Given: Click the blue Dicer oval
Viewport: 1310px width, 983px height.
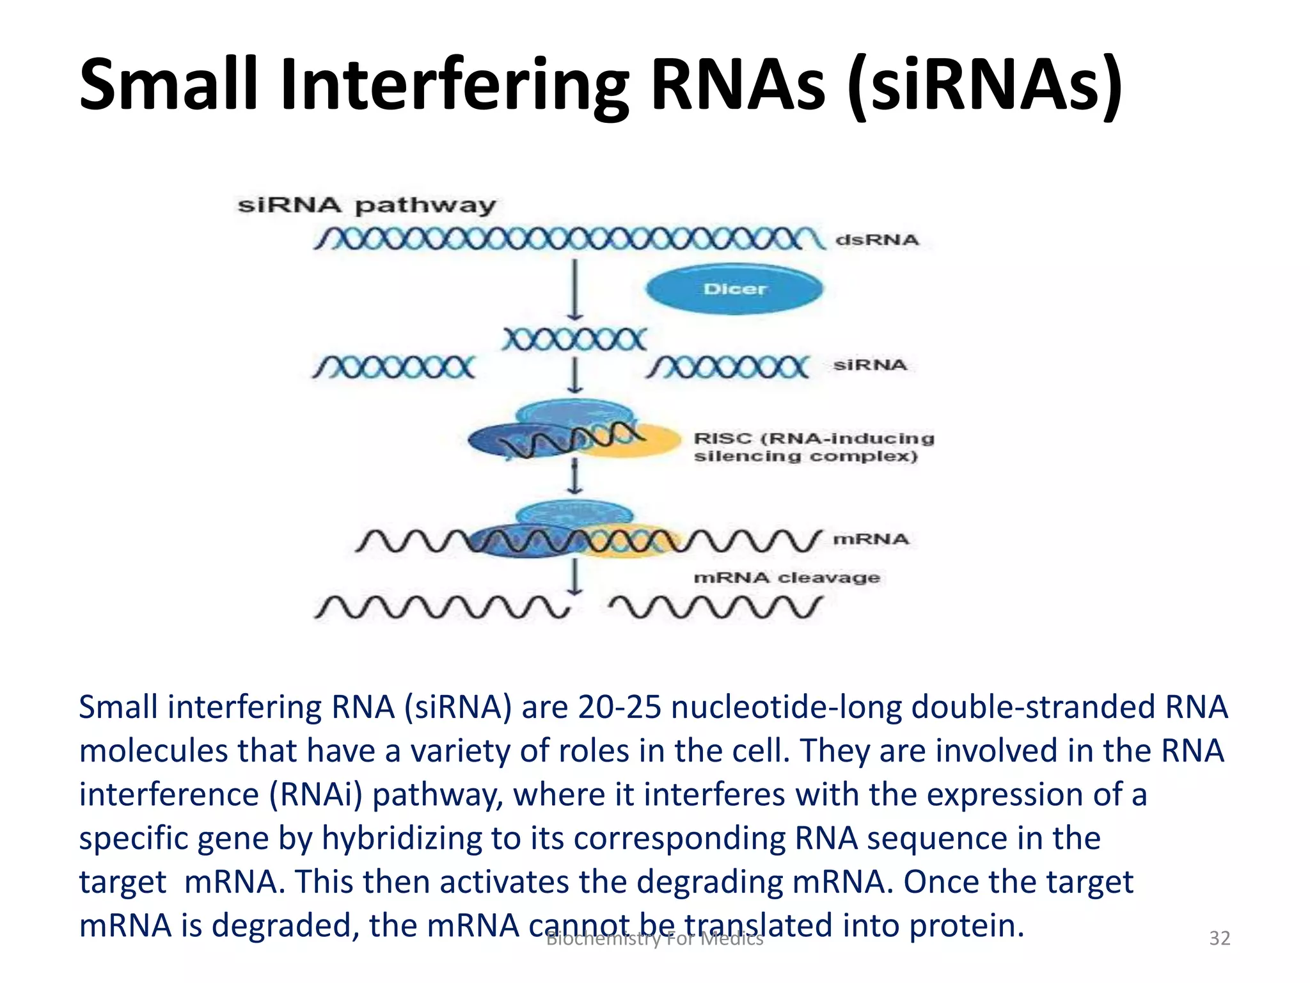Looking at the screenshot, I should click(734, 289).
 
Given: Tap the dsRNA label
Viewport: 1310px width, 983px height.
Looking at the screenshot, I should click(876, 240).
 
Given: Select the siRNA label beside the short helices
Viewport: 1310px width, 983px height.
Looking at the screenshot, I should click(870, 365).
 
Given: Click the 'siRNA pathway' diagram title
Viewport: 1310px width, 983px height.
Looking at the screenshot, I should click(367, 205).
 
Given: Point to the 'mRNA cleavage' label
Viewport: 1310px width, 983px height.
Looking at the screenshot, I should click(787, 577).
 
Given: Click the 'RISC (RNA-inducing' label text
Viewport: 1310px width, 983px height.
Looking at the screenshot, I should click(814, 438).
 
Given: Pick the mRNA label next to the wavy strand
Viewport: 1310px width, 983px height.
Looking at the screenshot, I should click(870, 539).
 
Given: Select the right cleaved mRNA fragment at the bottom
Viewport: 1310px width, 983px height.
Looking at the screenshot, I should click(715, 607).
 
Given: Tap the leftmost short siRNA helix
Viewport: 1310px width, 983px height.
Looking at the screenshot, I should click(394, 368).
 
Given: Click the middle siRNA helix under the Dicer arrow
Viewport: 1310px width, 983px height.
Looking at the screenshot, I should click(574, 339).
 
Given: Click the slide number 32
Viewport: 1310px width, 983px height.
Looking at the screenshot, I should click(1219, 938).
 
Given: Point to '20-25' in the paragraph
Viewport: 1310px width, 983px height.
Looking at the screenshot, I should click(619, 707).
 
